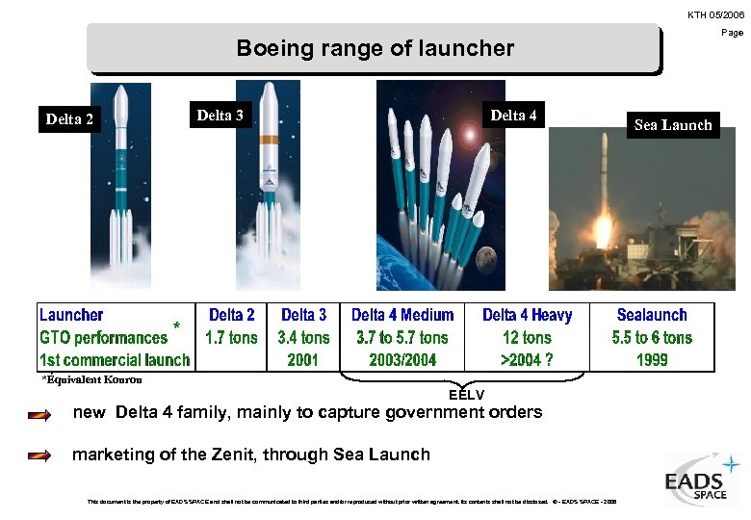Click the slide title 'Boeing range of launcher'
[375, 48]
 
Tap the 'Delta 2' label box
[70, 119]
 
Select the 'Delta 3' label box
[220, 116]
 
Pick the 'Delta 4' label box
[514, 116]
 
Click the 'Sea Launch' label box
[673, 124]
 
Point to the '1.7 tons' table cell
[232, 338]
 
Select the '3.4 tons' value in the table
[303, 338]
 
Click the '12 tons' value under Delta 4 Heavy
[527, 338]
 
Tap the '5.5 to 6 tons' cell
[652, 338]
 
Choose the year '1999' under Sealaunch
[652, 360]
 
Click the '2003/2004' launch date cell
[402, 360]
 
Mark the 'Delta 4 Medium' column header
[402, 315]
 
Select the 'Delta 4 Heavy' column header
[527, 315]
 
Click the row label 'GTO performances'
[104, 338]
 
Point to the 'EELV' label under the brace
[466, 395]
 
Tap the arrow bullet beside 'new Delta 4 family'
[39, 415]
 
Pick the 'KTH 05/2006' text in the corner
[715, 14]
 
